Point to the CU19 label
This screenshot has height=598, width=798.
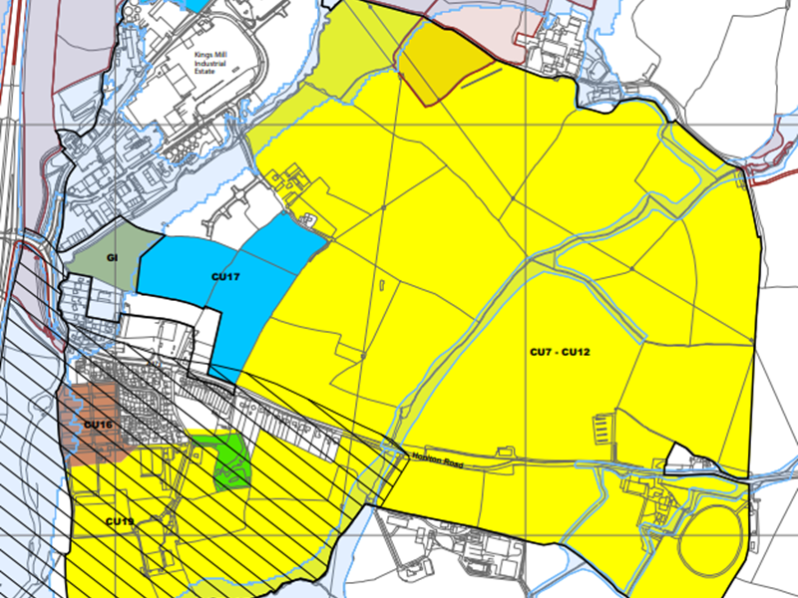120,521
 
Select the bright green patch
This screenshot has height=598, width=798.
233,459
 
